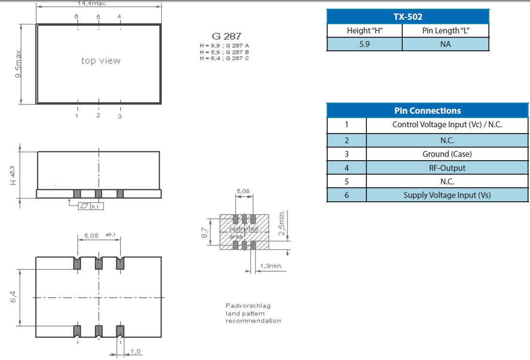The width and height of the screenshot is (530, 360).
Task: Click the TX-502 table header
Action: [x=408, y=17]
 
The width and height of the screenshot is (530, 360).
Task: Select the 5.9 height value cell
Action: [x=364, y=44]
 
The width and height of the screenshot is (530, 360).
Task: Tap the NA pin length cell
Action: [x=446, y=44]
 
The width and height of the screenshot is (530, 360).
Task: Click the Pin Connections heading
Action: [x=427, y=111]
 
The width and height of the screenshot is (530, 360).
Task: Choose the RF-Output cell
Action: [x=447, y=168]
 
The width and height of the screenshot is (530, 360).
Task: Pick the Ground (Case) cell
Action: [x=447, y=154]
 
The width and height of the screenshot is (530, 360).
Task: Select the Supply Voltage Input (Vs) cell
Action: [x=447, y=195]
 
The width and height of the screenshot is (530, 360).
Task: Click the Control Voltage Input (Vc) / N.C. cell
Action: [x=447, y=124]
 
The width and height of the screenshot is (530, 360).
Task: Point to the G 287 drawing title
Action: [x=227, y=36]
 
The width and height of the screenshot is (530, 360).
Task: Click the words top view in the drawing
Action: [x=101, y=61]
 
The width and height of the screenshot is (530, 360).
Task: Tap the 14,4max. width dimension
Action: [x=93, y=3]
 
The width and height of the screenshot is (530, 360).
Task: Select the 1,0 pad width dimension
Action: [x=136, y=351]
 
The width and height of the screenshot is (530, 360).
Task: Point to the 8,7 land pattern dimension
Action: [x=205, y=233]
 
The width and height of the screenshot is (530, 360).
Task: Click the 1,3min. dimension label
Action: [x=271, y=266]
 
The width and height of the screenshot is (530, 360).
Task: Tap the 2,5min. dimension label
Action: [x=282, y=223]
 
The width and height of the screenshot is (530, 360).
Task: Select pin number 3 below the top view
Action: [x=120, y=116]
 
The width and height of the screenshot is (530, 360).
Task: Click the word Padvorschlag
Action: [x=248, y=305]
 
